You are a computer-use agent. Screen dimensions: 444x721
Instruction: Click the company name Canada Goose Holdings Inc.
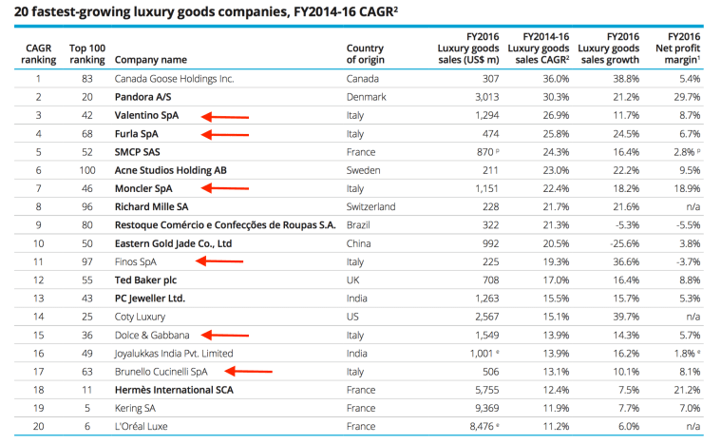[174, 78]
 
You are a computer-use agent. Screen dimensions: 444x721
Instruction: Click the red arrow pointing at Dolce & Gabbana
[224, 335]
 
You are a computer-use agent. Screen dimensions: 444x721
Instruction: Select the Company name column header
[150, 60]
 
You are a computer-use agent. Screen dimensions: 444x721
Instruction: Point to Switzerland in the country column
[371, 206]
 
